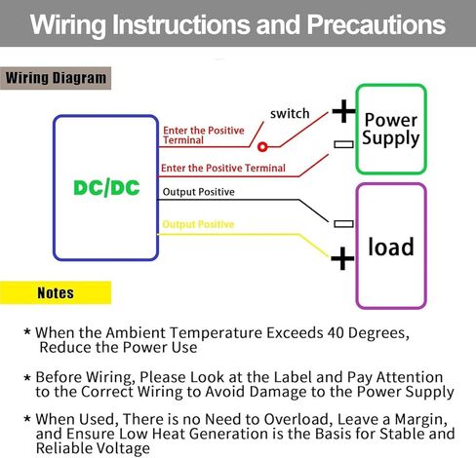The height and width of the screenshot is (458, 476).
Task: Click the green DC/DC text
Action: coord(106,188)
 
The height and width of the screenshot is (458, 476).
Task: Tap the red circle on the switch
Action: coord(262,147)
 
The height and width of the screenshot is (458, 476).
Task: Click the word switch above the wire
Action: coord(290,114)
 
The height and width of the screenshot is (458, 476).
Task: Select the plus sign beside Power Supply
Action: coord(343,111)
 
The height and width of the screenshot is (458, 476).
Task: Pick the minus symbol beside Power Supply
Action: coord(343,144)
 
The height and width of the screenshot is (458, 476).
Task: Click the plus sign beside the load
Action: coord(342,258)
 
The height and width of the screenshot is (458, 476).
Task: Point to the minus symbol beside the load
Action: coord(343,223)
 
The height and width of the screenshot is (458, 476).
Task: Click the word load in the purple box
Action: coord(391,247)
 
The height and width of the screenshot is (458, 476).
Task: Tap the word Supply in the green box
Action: coord(391,138)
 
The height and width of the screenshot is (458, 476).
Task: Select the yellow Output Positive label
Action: coord(198,224)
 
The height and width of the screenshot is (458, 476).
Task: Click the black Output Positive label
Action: coord(198,192)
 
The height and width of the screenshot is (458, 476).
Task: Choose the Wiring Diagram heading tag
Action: coord(56,78)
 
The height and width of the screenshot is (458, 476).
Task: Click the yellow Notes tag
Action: coord(56,293)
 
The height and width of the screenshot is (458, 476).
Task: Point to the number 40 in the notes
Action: coord(336,332)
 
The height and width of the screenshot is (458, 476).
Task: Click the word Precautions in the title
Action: coord(377,24)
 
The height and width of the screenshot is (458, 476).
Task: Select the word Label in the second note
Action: coord(293,377)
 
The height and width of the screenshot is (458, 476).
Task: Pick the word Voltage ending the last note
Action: coord(124,448)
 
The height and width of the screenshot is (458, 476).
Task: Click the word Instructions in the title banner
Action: coord(180,24)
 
